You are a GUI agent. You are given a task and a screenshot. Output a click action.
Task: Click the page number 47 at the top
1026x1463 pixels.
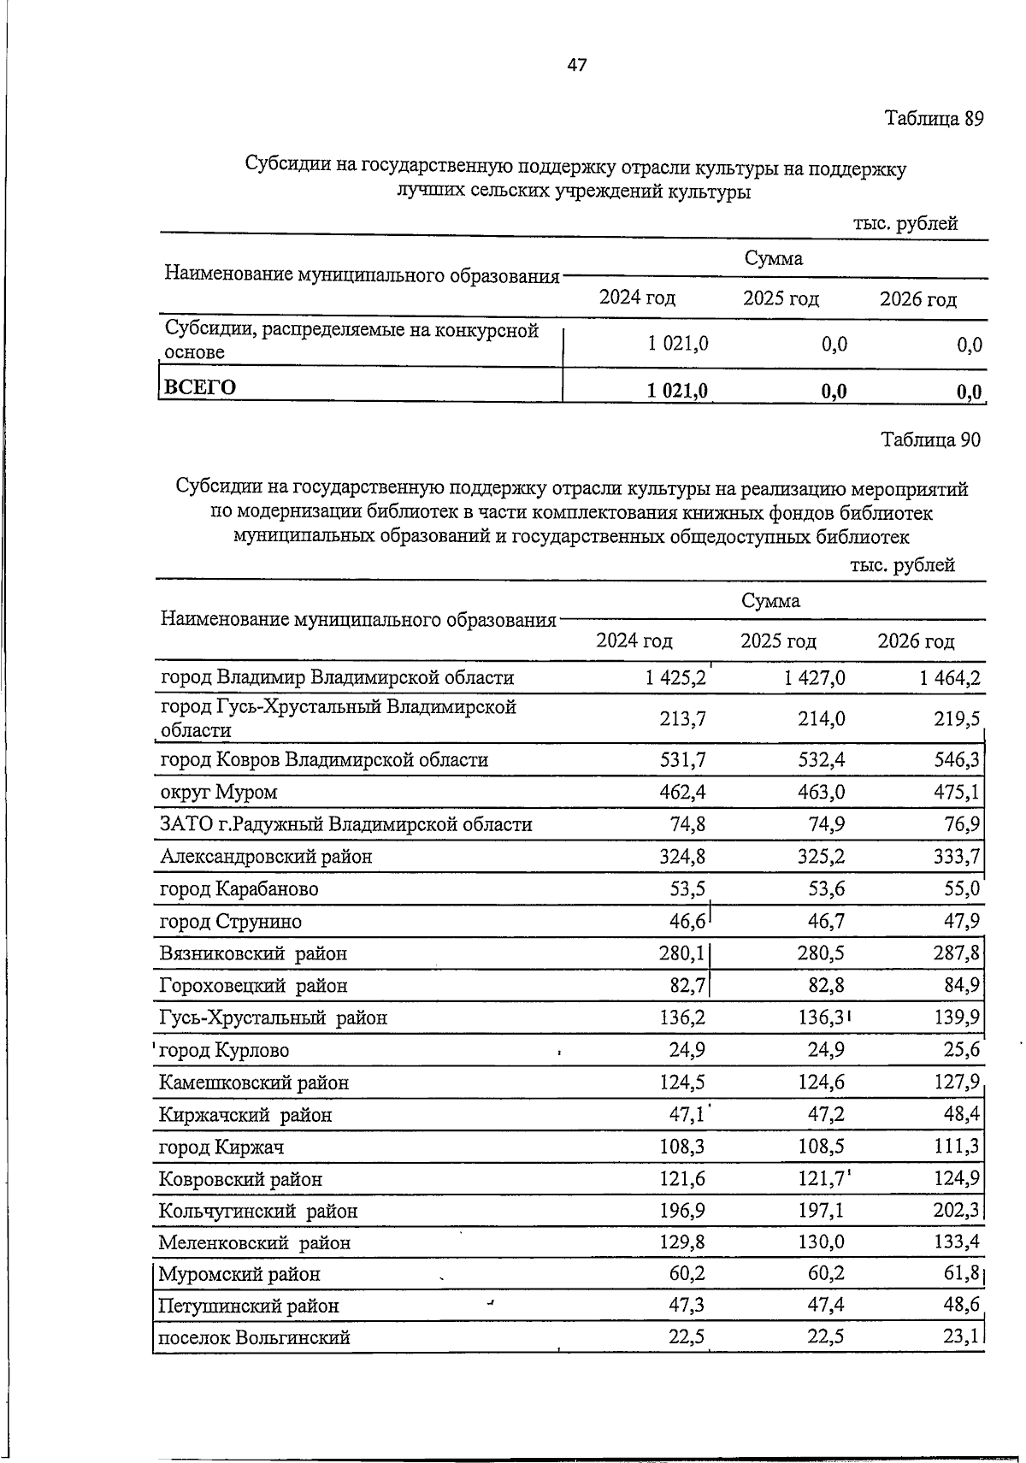click(577, 65)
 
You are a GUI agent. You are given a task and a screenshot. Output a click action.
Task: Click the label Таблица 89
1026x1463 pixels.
click(934, 118)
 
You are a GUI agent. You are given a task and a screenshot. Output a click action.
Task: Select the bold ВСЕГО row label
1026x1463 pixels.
click(200, 387)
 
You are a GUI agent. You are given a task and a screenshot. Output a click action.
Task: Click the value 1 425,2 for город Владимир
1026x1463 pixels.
click(675, 678)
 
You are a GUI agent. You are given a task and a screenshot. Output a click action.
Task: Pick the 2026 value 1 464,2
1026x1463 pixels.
click(950, 678)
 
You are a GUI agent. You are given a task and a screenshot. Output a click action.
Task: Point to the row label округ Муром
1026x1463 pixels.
click(219, 792)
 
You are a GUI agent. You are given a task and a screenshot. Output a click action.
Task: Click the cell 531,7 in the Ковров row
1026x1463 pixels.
click(682, 759)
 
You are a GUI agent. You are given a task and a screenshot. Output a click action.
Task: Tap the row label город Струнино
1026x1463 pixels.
click(231, 922)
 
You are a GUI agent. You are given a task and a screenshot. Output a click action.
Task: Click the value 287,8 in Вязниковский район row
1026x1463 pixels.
click(958, 953)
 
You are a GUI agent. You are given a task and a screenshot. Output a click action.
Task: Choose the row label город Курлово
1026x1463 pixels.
click(225, 1050)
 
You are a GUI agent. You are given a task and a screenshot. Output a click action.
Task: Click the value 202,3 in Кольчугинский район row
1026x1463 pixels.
click(958, 1211)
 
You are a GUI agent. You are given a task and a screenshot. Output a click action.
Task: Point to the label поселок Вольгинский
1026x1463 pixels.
click(255, 1337)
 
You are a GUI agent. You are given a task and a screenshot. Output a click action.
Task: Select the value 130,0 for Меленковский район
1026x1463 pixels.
click(821, 1242)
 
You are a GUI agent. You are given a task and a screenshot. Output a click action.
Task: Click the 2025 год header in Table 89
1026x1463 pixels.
click(781, 299)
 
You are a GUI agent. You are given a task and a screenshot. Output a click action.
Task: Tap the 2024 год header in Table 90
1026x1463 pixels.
click(634, 640)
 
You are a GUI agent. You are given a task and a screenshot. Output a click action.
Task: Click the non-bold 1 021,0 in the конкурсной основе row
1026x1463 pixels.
click(678, 344)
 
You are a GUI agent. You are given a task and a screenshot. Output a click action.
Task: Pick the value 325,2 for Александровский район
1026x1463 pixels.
click(821, 856)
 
